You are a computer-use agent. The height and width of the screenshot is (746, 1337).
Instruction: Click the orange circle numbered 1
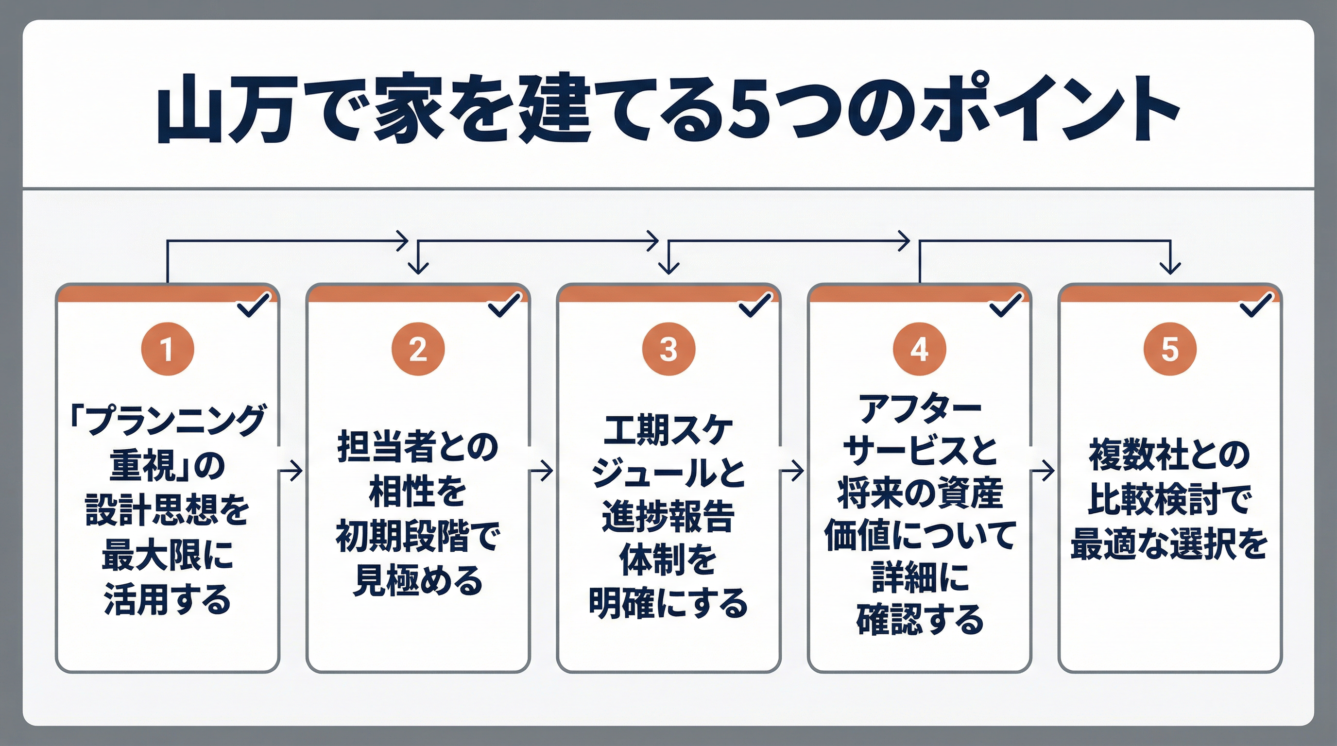[x=167, y=349]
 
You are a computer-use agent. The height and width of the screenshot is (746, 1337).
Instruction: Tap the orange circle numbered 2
[x=418, y=349]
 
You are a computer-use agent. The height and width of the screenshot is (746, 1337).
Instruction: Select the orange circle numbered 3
[x=668, y=349]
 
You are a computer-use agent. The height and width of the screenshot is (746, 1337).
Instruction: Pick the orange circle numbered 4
[x=919, y=349]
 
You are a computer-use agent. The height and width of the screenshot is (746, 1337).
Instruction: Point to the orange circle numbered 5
[x=1170, y=349]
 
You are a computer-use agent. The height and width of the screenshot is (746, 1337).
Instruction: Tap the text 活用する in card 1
[x=167, y=600]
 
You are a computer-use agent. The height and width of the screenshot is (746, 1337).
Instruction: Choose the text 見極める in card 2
[x=418, y=581]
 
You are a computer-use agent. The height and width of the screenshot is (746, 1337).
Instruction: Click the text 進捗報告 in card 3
[x=668, y=517]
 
